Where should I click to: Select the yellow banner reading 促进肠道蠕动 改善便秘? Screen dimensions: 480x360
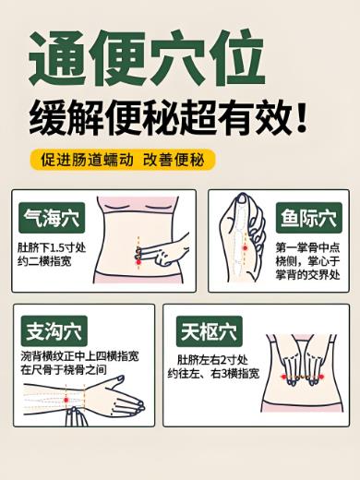point(122,159)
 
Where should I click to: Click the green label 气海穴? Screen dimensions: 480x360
point(52,219)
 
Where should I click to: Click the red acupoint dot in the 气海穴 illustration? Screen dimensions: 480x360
point(139,263)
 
